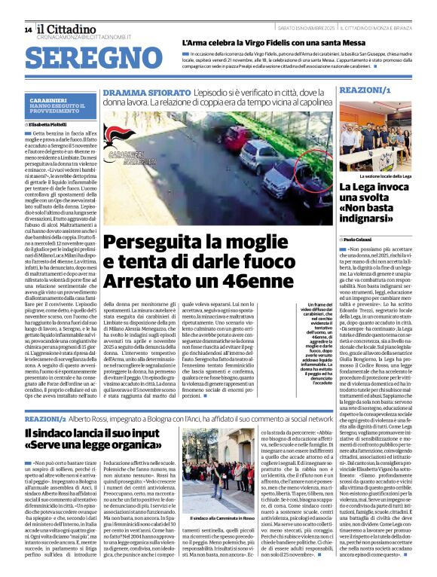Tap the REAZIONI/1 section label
(365, 90)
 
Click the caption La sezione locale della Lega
(385, 176)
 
